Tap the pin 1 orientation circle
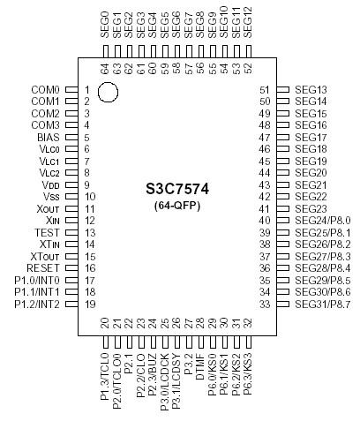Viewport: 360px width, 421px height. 109,91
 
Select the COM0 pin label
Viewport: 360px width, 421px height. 45,90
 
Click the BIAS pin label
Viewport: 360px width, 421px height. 49,138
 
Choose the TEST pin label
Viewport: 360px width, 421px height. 48,232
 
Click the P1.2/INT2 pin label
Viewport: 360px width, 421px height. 37,304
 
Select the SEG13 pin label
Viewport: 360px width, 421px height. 310,90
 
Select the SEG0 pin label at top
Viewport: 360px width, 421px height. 104,22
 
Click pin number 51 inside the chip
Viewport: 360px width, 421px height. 264,90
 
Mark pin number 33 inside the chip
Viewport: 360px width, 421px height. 264,304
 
